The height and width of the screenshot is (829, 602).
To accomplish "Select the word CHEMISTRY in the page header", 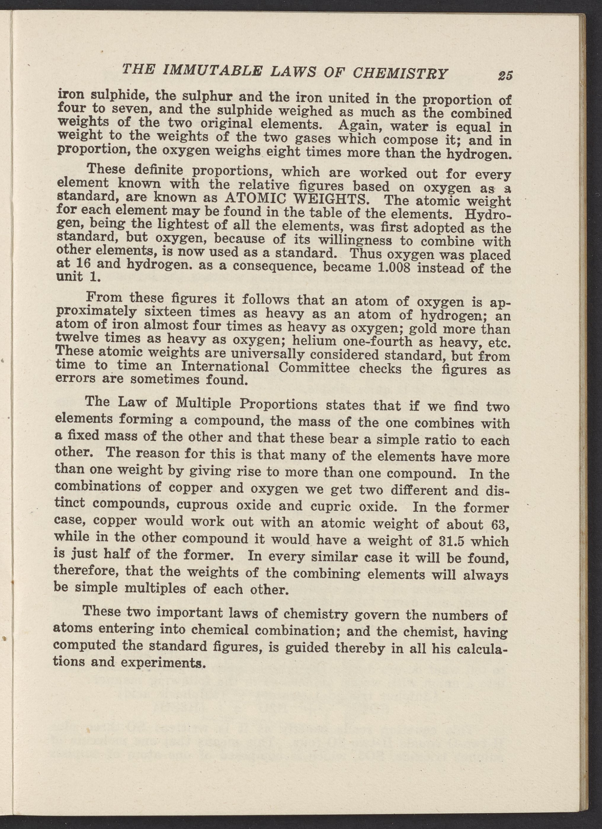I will pyautogui.click(x=399, y=73).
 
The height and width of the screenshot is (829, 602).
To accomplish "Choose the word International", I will pyautogui.click(x=225, y=366).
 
